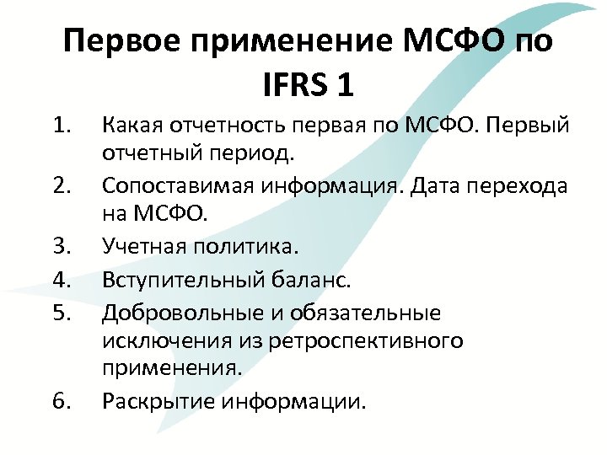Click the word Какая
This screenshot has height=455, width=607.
(x=135, y=126)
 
